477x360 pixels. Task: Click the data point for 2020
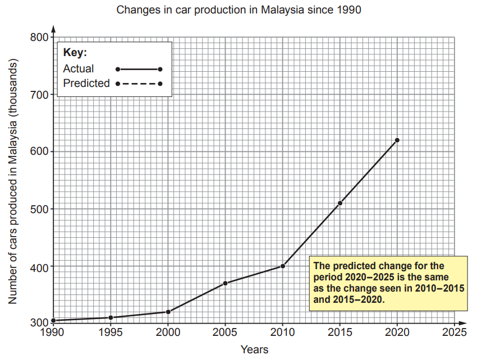point(397,140)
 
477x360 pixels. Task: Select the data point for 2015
point(340,203)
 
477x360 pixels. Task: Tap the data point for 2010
point(283,266)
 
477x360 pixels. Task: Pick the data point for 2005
point(225,283)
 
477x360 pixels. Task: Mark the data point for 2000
point(168,312)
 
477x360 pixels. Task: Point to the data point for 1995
point(111,317)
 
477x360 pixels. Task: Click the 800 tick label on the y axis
point(39,38)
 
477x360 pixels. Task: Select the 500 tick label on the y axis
point(39,209)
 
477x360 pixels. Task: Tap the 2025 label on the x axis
point(455,333)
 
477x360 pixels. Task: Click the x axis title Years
point(254,350)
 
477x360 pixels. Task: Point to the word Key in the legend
point(75,53)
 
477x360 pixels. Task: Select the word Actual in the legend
point(79,69)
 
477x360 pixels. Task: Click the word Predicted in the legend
point(86,84)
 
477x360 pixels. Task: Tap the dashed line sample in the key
point(139,84)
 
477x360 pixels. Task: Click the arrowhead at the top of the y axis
point(54,27)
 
